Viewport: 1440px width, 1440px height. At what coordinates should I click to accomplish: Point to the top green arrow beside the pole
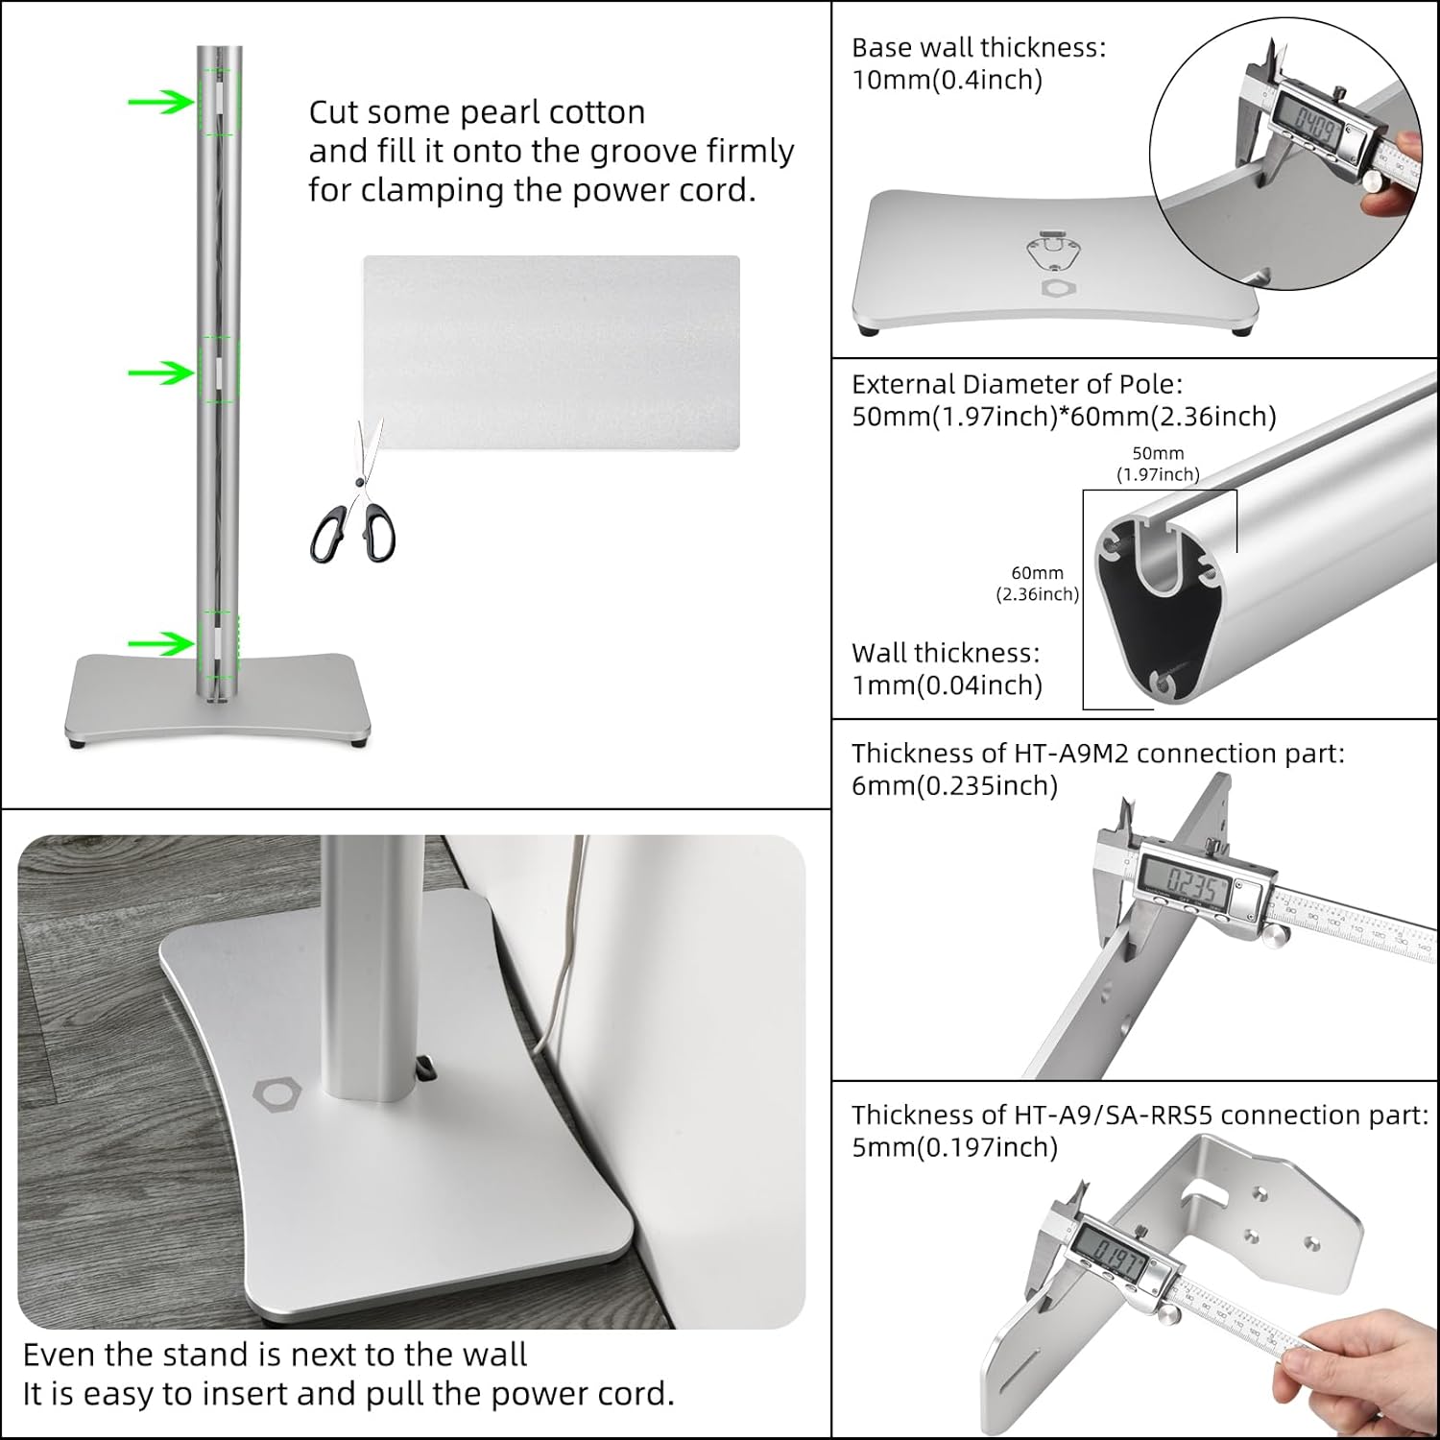160,101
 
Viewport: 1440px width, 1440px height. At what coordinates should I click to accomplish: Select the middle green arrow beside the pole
160,372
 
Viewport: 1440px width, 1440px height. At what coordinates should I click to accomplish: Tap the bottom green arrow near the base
160,642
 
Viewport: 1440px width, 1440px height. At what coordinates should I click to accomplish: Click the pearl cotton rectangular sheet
551,351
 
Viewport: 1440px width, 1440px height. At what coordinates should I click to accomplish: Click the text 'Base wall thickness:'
978,48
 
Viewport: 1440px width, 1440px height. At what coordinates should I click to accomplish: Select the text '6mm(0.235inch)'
954,785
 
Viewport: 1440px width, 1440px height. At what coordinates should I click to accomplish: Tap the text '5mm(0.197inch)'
954,1147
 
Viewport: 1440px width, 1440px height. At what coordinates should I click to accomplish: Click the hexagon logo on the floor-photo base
277,1092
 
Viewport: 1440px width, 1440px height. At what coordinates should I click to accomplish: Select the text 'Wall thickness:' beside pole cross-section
945,653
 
